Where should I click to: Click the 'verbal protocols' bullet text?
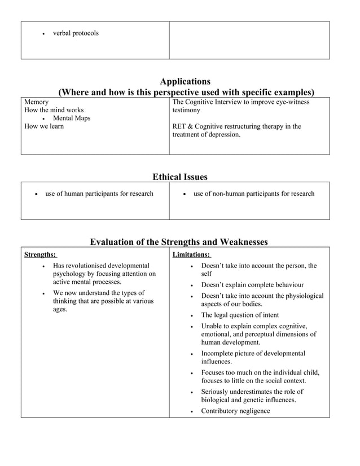point(76,33)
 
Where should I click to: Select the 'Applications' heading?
point(185,82)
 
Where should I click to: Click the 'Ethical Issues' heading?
point(180,177)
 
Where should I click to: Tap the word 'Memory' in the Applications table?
point(36,102)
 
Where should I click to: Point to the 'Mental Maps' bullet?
point(72,118)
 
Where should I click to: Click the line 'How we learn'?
point(44,126)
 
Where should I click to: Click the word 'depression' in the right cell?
point(223,135)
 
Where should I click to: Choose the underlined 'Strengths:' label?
point(39,254)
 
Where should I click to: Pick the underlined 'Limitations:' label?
point(191,254)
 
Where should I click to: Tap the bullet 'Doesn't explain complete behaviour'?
point(252,285)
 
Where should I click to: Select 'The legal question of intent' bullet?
point(240,315)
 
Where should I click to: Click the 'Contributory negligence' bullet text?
point(235,411)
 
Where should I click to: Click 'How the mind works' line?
point(54,110)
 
